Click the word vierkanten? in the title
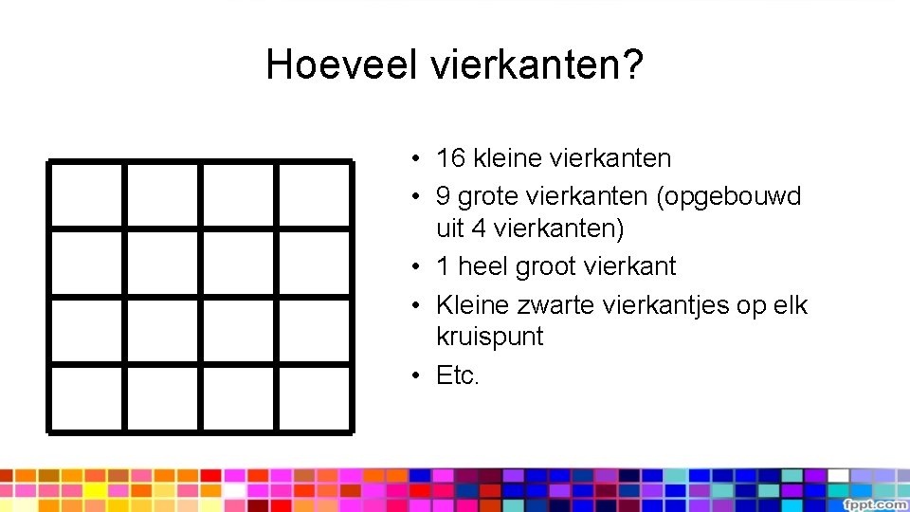tap(537, 65)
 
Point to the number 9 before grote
tap(443, 196)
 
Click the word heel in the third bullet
tap(484, 266)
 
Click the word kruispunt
tap(489, 337)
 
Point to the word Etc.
tap(458, 375)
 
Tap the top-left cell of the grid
tap(86, 194)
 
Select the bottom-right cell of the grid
tap(314, 398)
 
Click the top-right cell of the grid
tap(314, 194)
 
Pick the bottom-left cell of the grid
tap(86, 398)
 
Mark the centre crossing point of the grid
tap(200, 297)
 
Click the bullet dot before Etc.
tap(417, 376)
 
